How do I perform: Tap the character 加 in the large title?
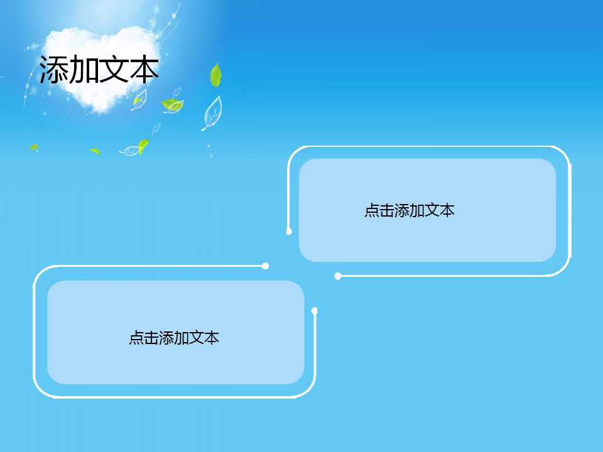(x=84, y=70)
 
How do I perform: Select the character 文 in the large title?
(x=114, y=70)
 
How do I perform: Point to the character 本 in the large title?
(x=144, y=70)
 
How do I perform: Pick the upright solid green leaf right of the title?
(x=216, y=75)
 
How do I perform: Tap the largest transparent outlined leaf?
(x=212, y=113)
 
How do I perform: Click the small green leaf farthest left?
(x=34, y=148)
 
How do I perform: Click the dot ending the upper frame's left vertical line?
(x=289, y=231)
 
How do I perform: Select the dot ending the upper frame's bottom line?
(x=338, y=276)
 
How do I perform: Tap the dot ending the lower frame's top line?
(x=266, y=266)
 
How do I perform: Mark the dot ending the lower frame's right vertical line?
(x=315, y=311)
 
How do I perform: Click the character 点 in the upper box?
(x=371, y=211)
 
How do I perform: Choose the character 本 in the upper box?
(x=447, y=211)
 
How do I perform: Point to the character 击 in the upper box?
(x=386, y=211)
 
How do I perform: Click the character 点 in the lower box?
(x=136, y=338)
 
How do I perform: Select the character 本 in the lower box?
(x=212, y=338)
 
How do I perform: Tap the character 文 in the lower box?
(x=197, y=338)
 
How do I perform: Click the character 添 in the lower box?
(x=166, y=338)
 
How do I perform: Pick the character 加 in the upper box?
(x=416, y=211)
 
